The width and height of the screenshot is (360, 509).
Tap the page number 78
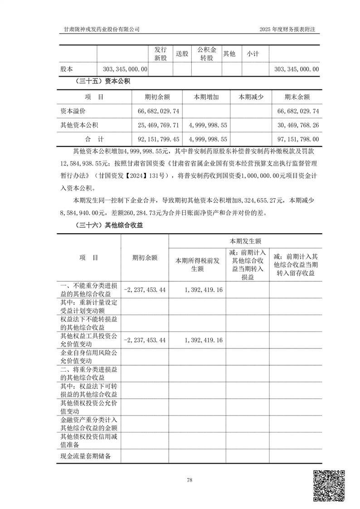click(x=190, y=480)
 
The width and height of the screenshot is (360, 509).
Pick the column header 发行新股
click(x=161, y=54)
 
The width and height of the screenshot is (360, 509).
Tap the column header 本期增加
click(x=206, y=97)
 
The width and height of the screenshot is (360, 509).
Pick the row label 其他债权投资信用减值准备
click(x=89, y=440)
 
